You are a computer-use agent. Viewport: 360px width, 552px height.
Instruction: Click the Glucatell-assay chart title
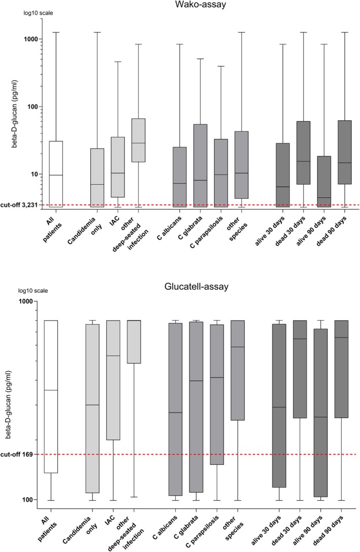coord(195,287)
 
